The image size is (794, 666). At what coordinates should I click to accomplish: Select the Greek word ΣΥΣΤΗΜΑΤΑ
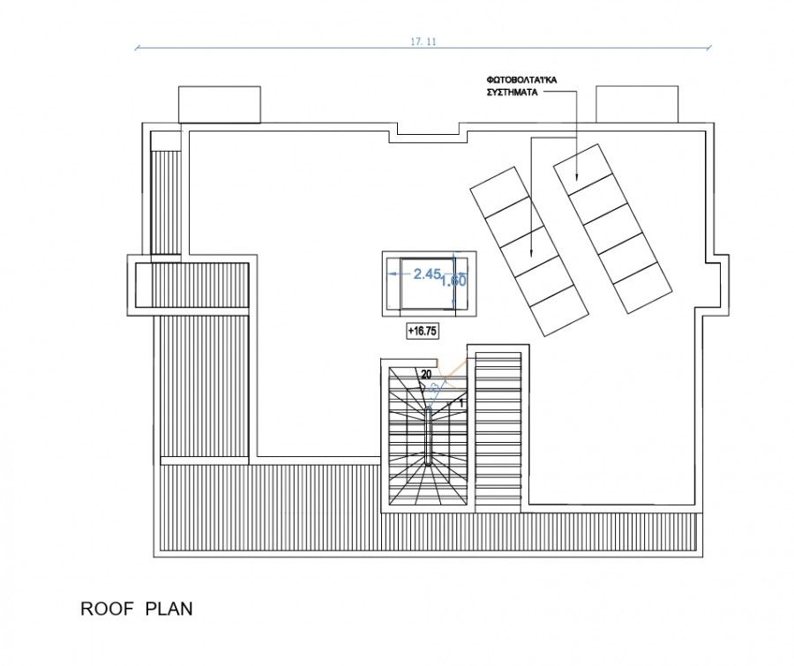(513, 92)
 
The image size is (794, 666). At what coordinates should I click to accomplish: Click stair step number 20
(426, 374)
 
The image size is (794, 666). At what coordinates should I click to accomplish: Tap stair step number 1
(461, 402)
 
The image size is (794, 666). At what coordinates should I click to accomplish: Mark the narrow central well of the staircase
(428, 437)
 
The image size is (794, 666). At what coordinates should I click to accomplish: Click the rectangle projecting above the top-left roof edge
(220, 104)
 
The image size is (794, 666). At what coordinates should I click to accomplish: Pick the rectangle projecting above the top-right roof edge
(637, 104)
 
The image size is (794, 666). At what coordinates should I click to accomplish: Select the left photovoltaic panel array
(528, 251)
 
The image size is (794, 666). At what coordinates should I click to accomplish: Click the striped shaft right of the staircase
(499, 430)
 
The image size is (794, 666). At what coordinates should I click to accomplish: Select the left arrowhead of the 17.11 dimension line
(138, 48)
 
